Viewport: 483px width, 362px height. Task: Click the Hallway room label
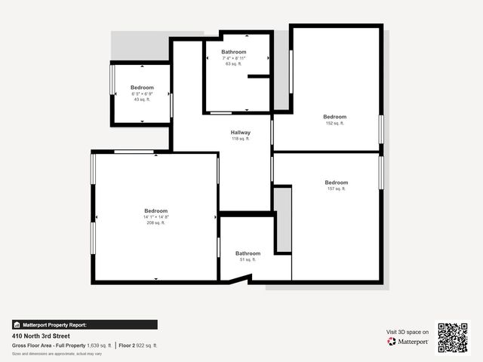[x=241, y=133]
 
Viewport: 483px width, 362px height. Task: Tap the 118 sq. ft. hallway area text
[x=241, y=139]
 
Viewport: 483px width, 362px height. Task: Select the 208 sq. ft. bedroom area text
[x=156, y=222]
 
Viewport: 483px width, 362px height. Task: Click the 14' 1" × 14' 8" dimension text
[x=156, y=217]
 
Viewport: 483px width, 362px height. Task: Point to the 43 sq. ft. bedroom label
[x=142, y=100]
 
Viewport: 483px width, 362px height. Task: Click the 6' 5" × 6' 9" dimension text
[x=142, y=94]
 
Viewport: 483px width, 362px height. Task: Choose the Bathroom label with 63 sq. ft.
[x=234, y=52]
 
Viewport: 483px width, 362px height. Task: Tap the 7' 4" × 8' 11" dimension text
[x=234, y=58]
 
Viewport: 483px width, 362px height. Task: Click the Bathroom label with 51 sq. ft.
[x=248, y=253]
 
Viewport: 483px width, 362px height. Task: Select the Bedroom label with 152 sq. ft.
[x=334, y=117]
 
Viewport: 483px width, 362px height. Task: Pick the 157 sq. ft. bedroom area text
[x=336, y=189]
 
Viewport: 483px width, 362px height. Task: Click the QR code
[x=453, y=337]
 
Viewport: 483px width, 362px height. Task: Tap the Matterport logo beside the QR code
[x=408, y=342]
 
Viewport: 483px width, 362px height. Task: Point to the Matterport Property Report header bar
[x=85, y=325]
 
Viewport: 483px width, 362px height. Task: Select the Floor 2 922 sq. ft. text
[x=138, y=345]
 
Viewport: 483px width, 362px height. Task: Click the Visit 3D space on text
[x=408, y=332]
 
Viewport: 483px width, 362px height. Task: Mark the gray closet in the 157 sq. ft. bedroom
[x=282, y=219]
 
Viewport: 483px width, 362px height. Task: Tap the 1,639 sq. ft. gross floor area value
[x=99, y=345]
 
